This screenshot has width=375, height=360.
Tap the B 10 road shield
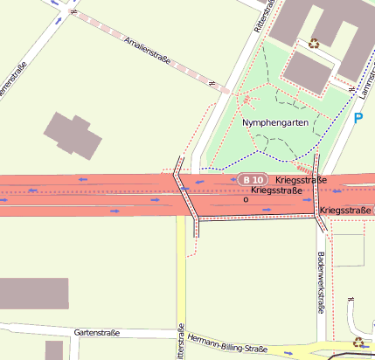[x=249, y=179]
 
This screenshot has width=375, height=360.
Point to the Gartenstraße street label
[x=96, y=333]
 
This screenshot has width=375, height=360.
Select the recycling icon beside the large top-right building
[x=314, y=42]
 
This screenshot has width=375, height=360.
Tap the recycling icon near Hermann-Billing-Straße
[x=358, y=342]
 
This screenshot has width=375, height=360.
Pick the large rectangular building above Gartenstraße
[x=33, y=294]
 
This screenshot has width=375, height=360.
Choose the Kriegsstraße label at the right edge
[x=346, y=211]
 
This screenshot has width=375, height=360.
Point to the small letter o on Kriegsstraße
[x=246, y=199]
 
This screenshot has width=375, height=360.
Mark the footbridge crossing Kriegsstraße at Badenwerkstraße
[x=319, y=197]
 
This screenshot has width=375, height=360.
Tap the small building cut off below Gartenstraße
[x=54, y=350]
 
